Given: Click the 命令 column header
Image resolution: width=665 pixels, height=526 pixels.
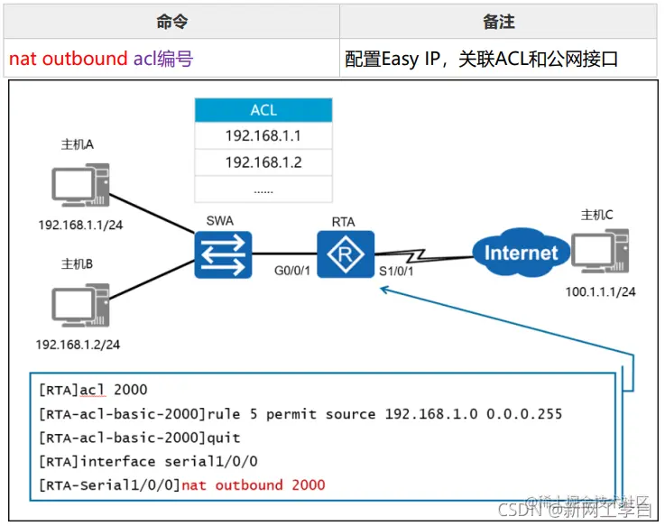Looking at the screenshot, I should point(171,22).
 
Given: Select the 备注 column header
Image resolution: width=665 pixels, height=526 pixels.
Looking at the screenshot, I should point(498,22).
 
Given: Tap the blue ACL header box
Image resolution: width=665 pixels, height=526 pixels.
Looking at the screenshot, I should point(263,111).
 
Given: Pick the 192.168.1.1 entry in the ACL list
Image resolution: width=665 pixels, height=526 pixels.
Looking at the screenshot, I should point(263,136).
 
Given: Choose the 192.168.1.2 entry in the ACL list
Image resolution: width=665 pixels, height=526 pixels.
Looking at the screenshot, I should point(263,162).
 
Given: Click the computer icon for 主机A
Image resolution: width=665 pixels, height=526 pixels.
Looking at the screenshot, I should point(79,186).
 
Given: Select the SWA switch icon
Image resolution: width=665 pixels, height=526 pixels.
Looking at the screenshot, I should point(223,254).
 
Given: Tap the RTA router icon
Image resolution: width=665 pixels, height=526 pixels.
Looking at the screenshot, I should point(345,254).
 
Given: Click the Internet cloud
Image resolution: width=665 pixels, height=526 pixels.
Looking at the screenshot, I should point(522,253).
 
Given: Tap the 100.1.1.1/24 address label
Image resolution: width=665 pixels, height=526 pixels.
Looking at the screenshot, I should point(600,291).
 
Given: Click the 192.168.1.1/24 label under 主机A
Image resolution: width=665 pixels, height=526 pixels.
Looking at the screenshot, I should point(79,226).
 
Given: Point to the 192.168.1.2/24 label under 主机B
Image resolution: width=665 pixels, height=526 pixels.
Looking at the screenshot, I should point(78,344).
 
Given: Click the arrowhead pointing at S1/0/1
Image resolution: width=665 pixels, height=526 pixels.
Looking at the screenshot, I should point(385,290).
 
